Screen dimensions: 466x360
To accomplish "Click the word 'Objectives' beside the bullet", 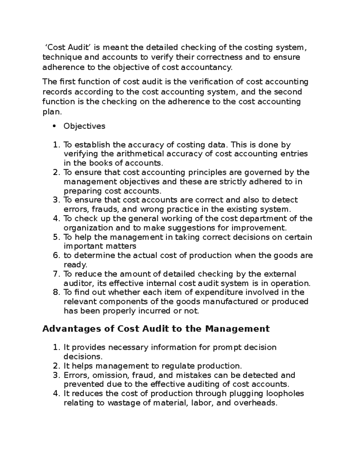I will [x=84, y=126].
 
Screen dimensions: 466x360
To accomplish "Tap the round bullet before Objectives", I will [x=54, y=126].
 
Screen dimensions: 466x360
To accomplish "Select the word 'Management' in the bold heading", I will [x=237, y=329].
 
